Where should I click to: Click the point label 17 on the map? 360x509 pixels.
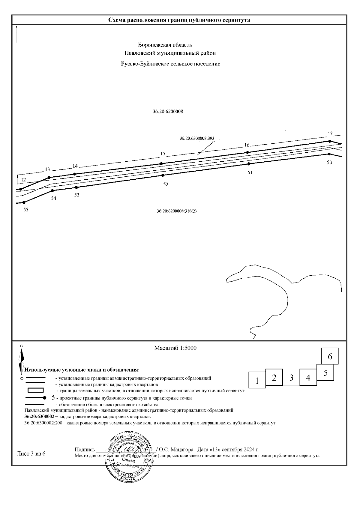pos(330,133)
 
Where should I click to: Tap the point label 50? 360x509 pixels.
pos(329,162)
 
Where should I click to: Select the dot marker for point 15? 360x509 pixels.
pos(161,163)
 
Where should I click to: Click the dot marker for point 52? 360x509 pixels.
pos(163,175)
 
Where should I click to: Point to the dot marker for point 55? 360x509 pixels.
pos(24,202)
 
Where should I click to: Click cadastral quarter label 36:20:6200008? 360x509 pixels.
pos(168,111)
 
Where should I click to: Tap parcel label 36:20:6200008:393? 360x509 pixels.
pos(197,139)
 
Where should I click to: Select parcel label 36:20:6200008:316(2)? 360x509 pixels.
pos(177,211)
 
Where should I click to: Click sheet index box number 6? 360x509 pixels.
pos(330,356)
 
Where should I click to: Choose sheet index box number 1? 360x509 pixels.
pos(257,381)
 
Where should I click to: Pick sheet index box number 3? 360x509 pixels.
pos(291,377)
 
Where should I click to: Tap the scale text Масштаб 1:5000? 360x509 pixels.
pos(175,348)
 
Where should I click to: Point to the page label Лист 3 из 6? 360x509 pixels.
pos(31,453)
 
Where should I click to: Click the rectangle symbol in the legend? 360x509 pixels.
pos(35,390)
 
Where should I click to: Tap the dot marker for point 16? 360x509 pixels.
pos(247,152)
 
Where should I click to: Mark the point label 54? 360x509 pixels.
pos(53,198)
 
